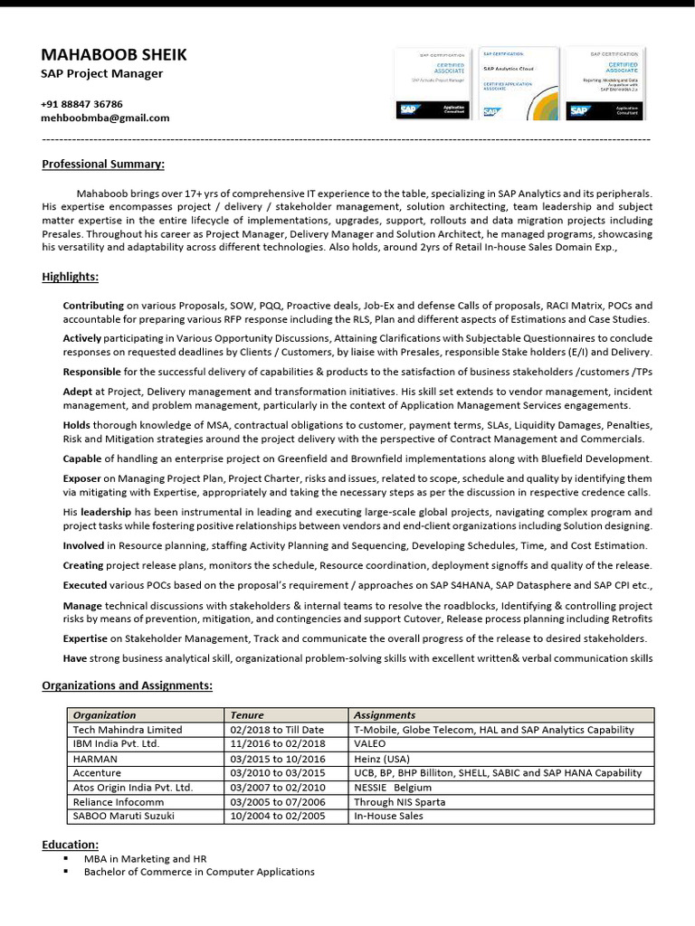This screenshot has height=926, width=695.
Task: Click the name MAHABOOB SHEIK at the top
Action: click(x=114, y=55)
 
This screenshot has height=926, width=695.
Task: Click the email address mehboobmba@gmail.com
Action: click(x=105, y=118)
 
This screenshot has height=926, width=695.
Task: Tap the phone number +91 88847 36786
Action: click(x=81, y=104)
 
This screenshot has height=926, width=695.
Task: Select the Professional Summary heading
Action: click(x=103, y=164)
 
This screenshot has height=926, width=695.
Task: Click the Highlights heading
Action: click(x=71, y=277)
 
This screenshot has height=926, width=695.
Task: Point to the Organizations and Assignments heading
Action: click(x=127, y=685)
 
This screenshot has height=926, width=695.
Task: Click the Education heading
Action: click(x=70, y=844)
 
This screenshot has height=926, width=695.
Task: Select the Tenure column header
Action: click(x=247, y=714)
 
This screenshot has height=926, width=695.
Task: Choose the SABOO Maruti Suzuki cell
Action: click(x=125, y=816)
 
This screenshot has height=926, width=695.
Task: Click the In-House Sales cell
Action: click(x=388, y=816)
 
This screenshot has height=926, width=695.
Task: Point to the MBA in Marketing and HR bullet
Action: click(x=138, y=858)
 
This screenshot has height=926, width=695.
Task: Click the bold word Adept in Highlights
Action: click(x=77, y=391)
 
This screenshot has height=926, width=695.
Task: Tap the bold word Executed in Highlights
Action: click(x=83, y=585)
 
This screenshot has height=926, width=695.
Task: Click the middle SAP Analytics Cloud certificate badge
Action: click(x=519, y=84)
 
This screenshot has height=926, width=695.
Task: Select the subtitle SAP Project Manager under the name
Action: click(x=102, y=74)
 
